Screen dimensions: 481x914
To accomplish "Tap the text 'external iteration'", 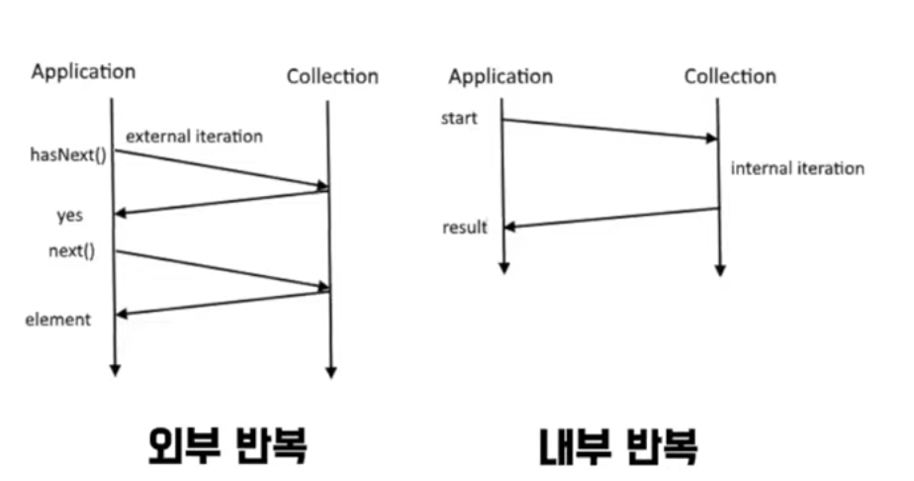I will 193,137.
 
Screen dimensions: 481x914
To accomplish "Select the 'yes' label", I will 69,215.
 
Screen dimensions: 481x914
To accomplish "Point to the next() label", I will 71,250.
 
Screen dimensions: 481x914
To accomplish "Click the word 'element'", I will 57,320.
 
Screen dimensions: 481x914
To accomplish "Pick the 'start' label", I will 460,120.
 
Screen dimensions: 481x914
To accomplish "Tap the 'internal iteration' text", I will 797,169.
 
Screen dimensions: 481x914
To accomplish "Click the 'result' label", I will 465,229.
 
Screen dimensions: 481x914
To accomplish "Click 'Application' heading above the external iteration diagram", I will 83,71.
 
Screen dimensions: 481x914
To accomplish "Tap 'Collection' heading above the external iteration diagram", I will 332,76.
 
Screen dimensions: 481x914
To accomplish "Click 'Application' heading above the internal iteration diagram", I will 501,76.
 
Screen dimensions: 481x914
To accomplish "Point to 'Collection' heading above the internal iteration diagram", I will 730,76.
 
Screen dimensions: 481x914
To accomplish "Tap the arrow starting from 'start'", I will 609,130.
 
